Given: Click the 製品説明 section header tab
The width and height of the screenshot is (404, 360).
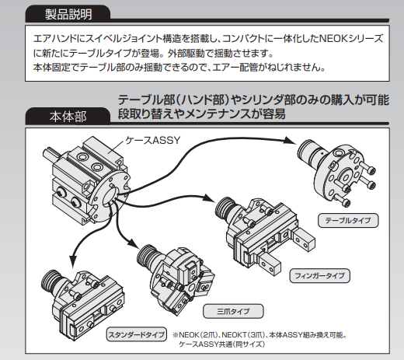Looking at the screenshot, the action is click(x=68, y=13).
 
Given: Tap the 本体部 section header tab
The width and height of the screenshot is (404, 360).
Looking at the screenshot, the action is click(x=68, y=117).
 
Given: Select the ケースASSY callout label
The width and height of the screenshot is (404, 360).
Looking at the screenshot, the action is click(x=152, y=140).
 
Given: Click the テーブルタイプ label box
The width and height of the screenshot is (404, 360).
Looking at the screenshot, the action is click(x=348, y=221).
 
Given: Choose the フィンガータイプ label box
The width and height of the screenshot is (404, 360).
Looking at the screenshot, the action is click(x=319, y=275).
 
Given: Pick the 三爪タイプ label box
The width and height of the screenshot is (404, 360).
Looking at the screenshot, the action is click(x=233, y=311).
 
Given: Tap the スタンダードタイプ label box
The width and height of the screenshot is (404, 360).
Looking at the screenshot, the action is click(x=137, y=334).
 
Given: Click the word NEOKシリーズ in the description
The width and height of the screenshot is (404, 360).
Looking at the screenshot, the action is click(x=351, y=39).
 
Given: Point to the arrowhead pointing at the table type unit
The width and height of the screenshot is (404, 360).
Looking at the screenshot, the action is click(x=290, y=141).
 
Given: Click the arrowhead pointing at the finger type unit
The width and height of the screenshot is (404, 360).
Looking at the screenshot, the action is click(x=209, y=197).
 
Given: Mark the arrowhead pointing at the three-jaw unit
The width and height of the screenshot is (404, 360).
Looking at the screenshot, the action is click(x=133, y=244).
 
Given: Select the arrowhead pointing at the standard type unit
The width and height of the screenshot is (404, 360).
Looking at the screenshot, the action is click(x=73, y=261).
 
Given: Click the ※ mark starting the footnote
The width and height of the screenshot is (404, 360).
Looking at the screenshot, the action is click(x=176, y=335).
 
